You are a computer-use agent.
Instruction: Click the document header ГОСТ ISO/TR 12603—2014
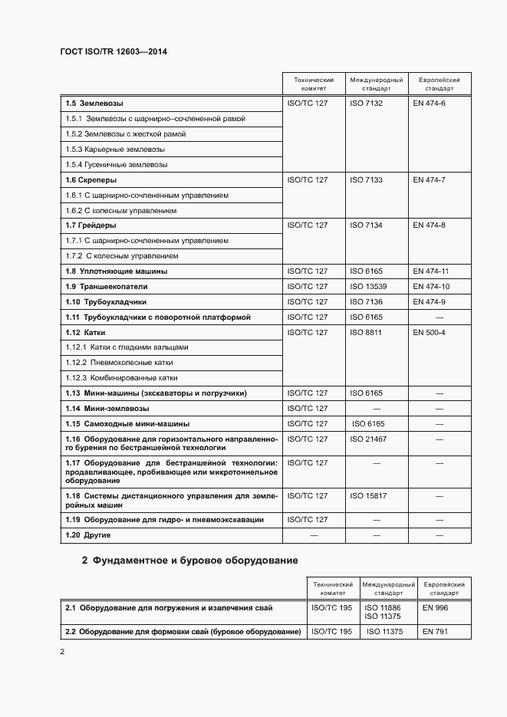point(113,51)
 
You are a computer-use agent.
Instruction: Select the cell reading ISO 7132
point(366,103)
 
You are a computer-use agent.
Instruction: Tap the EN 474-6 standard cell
point(429,103)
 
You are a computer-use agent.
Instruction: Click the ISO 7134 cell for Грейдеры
point(366,225)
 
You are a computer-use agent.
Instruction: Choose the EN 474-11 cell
point(430,271)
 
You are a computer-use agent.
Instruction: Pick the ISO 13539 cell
point(368,286)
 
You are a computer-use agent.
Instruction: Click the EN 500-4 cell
point(429,332)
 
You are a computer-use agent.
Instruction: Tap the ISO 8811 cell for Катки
point(366,332)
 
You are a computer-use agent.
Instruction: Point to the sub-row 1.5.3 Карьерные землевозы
point(115,149)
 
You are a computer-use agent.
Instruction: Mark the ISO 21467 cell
point(368,439)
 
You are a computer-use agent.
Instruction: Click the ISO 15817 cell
point(368,496)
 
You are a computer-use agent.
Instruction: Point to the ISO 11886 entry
point(382,607)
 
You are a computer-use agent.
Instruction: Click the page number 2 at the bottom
point(62,652)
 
